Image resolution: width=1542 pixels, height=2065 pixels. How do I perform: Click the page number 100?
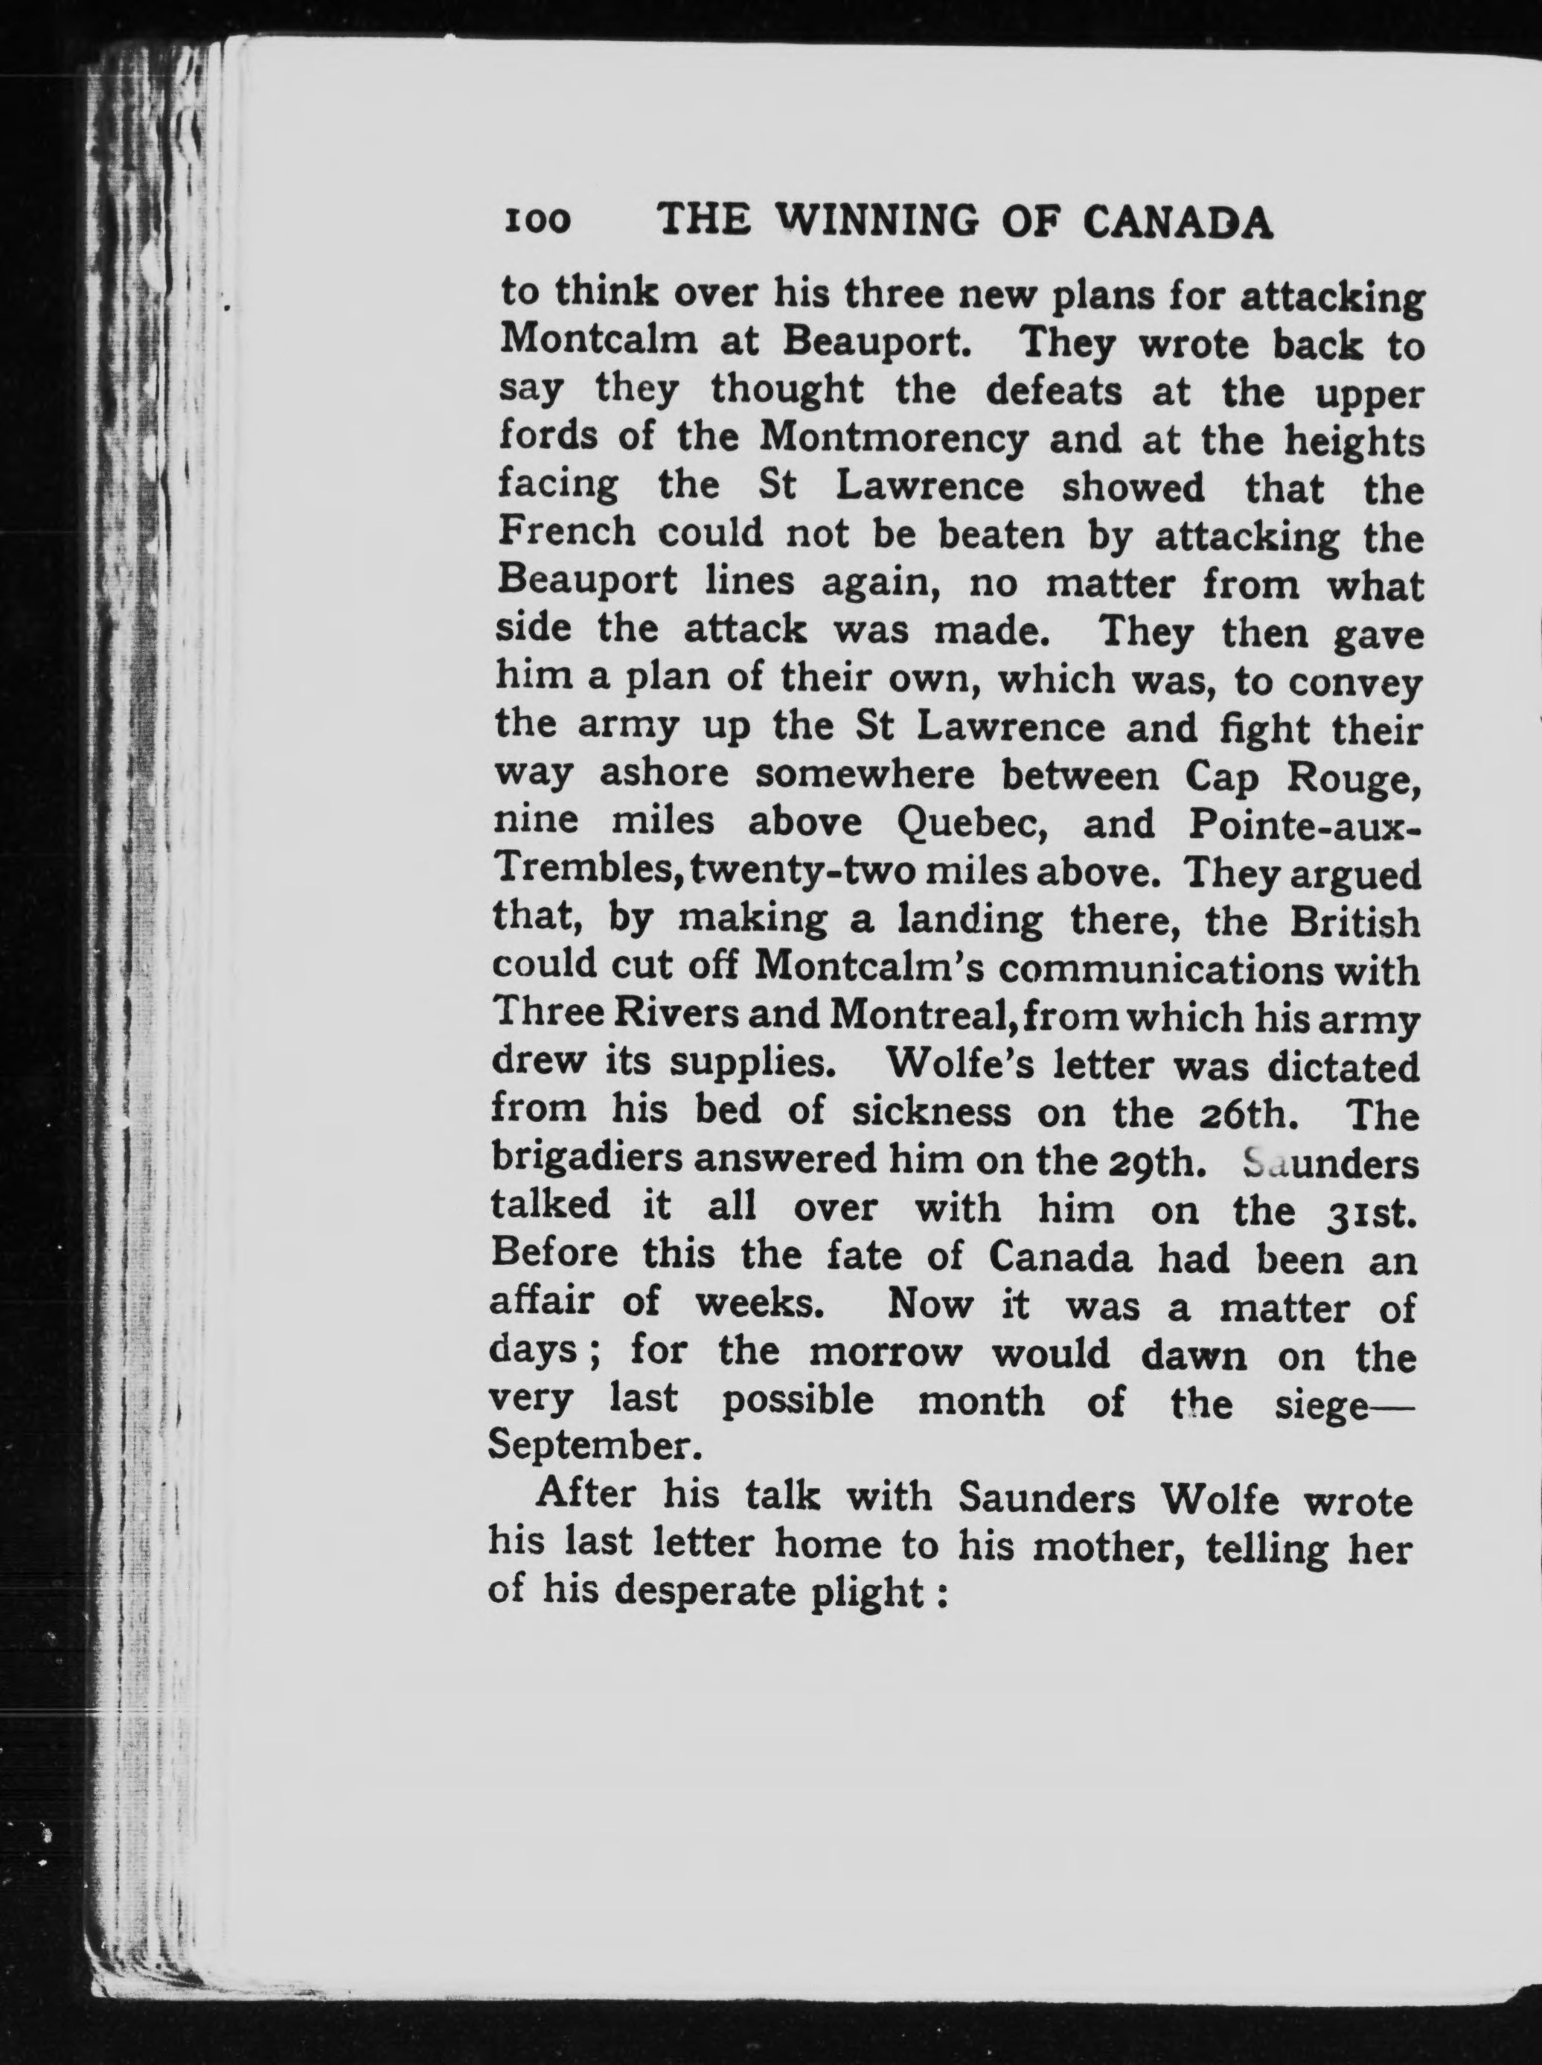point(536,221)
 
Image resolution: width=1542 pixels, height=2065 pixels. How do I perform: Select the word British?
point(1356,922)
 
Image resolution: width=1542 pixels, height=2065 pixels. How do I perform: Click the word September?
point(592,1450)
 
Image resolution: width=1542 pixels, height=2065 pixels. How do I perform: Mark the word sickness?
point(930,1113)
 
